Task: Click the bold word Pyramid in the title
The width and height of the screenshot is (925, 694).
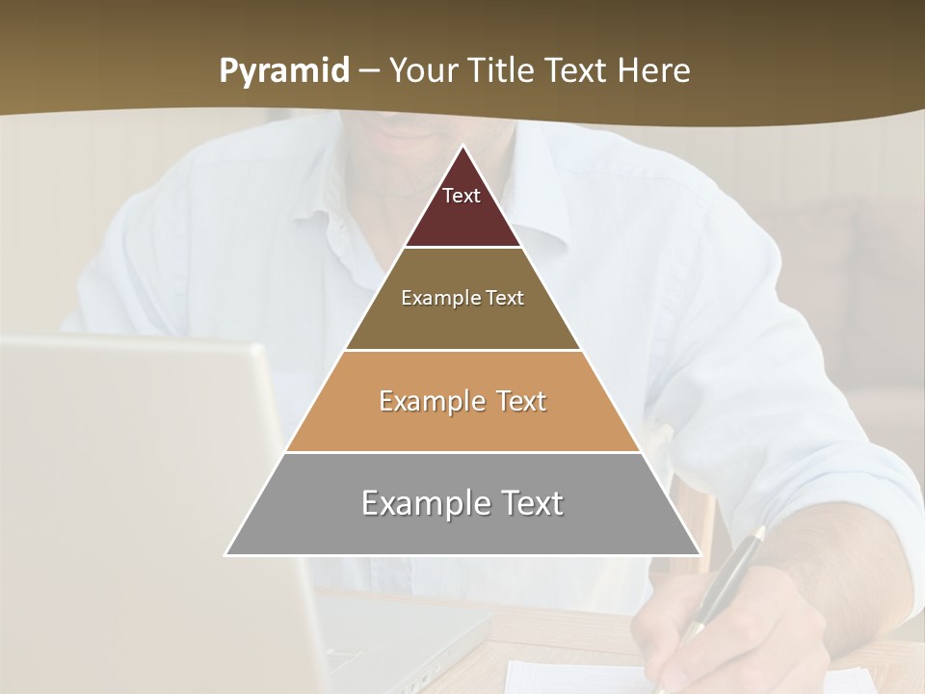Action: [284, 71]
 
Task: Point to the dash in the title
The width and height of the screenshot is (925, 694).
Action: [369, 72]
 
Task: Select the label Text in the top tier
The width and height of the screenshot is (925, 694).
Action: [462, 196]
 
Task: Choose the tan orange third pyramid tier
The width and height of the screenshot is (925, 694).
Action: [462, 424]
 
